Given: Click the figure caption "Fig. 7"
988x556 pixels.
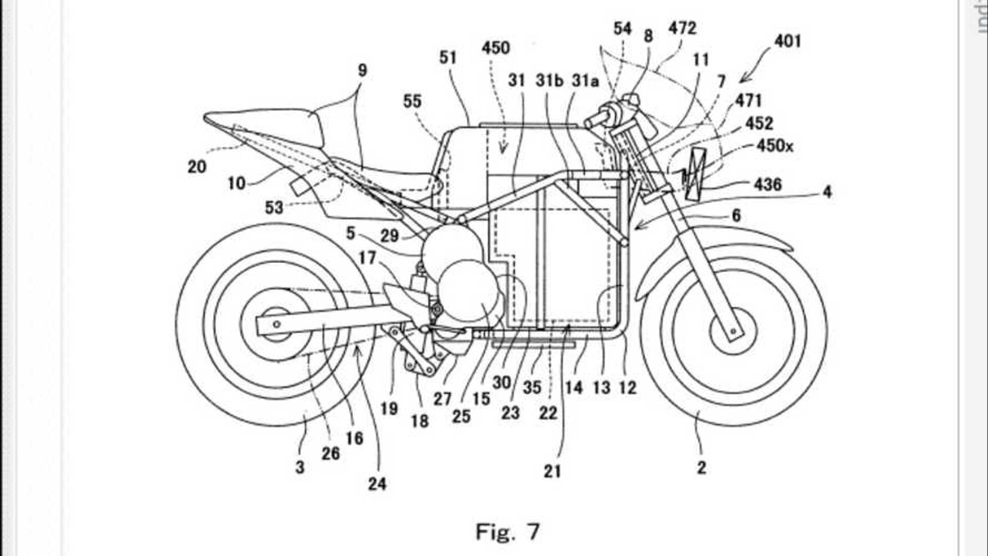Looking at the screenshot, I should pyautogui.click(x=507, y=531).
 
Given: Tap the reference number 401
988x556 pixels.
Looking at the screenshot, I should pyautogui.click(x=787, y=41).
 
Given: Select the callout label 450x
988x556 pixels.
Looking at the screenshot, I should pyautogui.click(x=774, y=146).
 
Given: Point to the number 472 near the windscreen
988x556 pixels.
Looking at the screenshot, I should pyautogui.click(x=682, y=28).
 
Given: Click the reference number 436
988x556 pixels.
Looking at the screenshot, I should pyautogui.click(x=767, y=184).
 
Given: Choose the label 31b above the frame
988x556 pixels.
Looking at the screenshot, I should pyautogui.click(x=549, y=81).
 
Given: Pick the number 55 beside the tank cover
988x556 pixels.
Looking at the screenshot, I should pyautogui.click(x=412, y=101).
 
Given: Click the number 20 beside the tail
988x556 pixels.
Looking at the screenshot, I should pyautogui.click(x=197, y=166).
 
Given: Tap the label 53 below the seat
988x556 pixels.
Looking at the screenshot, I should pyautogui.click(x=274, y=207).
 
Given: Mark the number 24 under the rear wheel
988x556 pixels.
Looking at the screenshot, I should pyautogui.click(x=377, y=483).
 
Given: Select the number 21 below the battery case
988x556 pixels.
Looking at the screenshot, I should pyautogui.click(x=552, y=471).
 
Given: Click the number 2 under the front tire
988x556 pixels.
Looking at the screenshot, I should pyautogui.click(x=701, y=467).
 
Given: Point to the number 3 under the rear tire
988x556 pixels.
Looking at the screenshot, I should pyautogui.click(x=299, y=467).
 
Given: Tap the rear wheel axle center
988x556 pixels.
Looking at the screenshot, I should pyautogui.click(x=277, y=324).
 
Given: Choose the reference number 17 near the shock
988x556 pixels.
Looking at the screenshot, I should pyautogui.click(x=367, y=257).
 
